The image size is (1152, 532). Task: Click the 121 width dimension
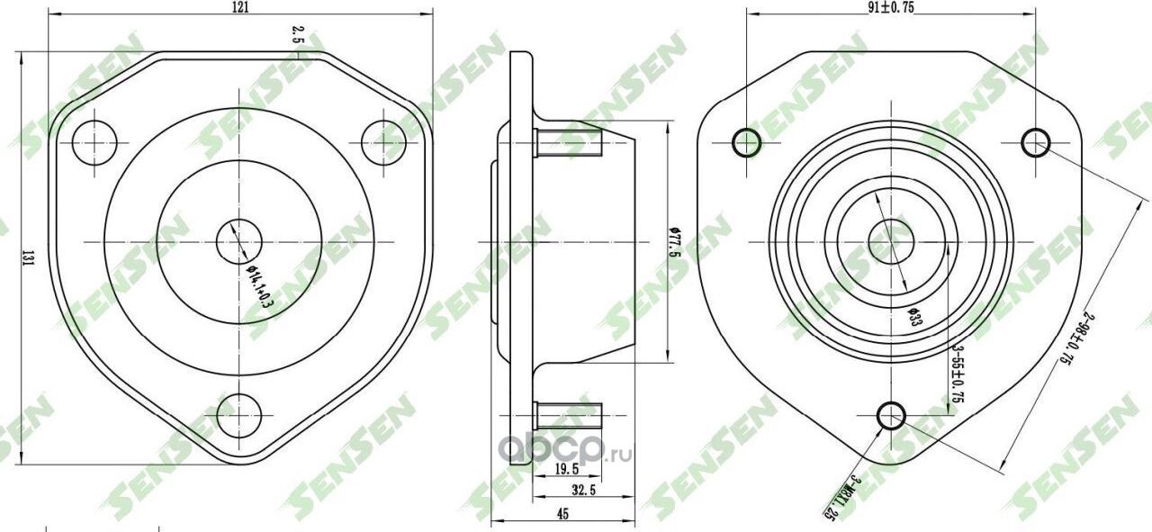click(240, 7)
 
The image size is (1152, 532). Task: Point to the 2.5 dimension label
click(296, 34)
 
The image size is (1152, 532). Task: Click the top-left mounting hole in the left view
click(95, 142)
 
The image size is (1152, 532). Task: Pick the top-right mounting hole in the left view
click(384, 142)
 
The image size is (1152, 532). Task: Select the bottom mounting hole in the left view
click(239, 415)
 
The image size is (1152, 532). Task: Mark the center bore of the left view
click(239, 241)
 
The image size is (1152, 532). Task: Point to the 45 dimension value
click(562, 514)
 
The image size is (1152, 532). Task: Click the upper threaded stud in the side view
click(568, 140)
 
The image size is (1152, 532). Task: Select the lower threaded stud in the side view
click(568, 413)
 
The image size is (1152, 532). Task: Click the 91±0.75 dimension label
click(891, 7)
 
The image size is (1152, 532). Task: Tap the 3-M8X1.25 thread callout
click(842, 496)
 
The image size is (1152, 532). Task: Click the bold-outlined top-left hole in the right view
click(747, 142)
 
